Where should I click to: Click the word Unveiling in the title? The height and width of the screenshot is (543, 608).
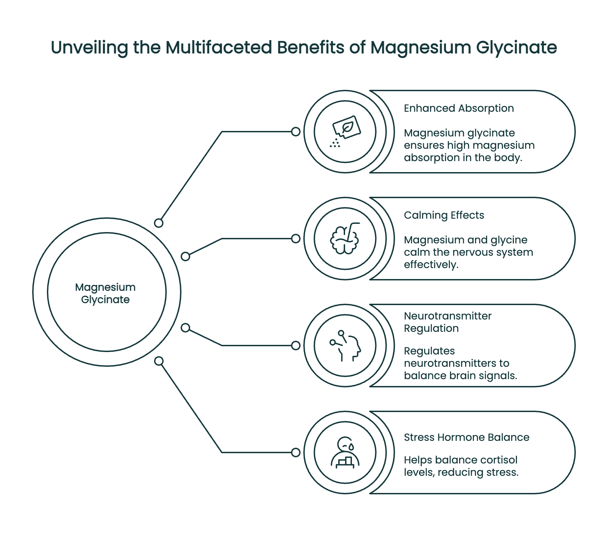tap(89, 48)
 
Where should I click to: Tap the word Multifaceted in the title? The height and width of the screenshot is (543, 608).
tap(219, 48)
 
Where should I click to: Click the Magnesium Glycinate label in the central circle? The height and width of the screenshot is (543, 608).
tap(105, 293)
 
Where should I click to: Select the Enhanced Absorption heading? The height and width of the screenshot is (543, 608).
tap(459, 108)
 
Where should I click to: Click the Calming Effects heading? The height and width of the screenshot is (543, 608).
tap(444, 215)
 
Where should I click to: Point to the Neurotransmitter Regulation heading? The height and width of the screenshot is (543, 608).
tap(447, 322)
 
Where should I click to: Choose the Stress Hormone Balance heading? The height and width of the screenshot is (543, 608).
tap(467, 437)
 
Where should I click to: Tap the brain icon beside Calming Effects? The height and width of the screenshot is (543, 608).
tap(345, 239)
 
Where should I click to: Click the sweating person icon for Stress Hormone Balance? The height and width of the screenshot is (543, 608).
tap(345, 452)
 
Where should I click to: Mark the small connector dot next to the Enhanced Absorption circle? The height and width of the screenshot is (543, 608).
tap(296, 132)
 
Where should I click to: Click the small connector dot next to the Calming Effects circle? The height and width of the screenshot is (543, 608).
tap(296, 239)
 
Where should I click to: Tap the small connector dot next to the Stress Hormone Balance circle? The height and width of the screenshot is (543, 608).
tap(296, 452)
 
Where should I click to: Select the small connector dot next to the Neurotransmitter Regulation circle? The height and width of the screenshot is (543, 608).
tap(296, 346)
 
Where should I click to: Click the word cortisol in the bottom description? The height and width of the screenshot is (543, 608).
tap(498, 460)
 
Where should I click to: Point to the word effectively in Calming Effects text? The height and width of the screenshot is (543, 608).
tap(431, 265)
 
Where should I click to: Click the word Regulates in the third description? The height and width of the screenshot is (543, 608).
tap(429, 351)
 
